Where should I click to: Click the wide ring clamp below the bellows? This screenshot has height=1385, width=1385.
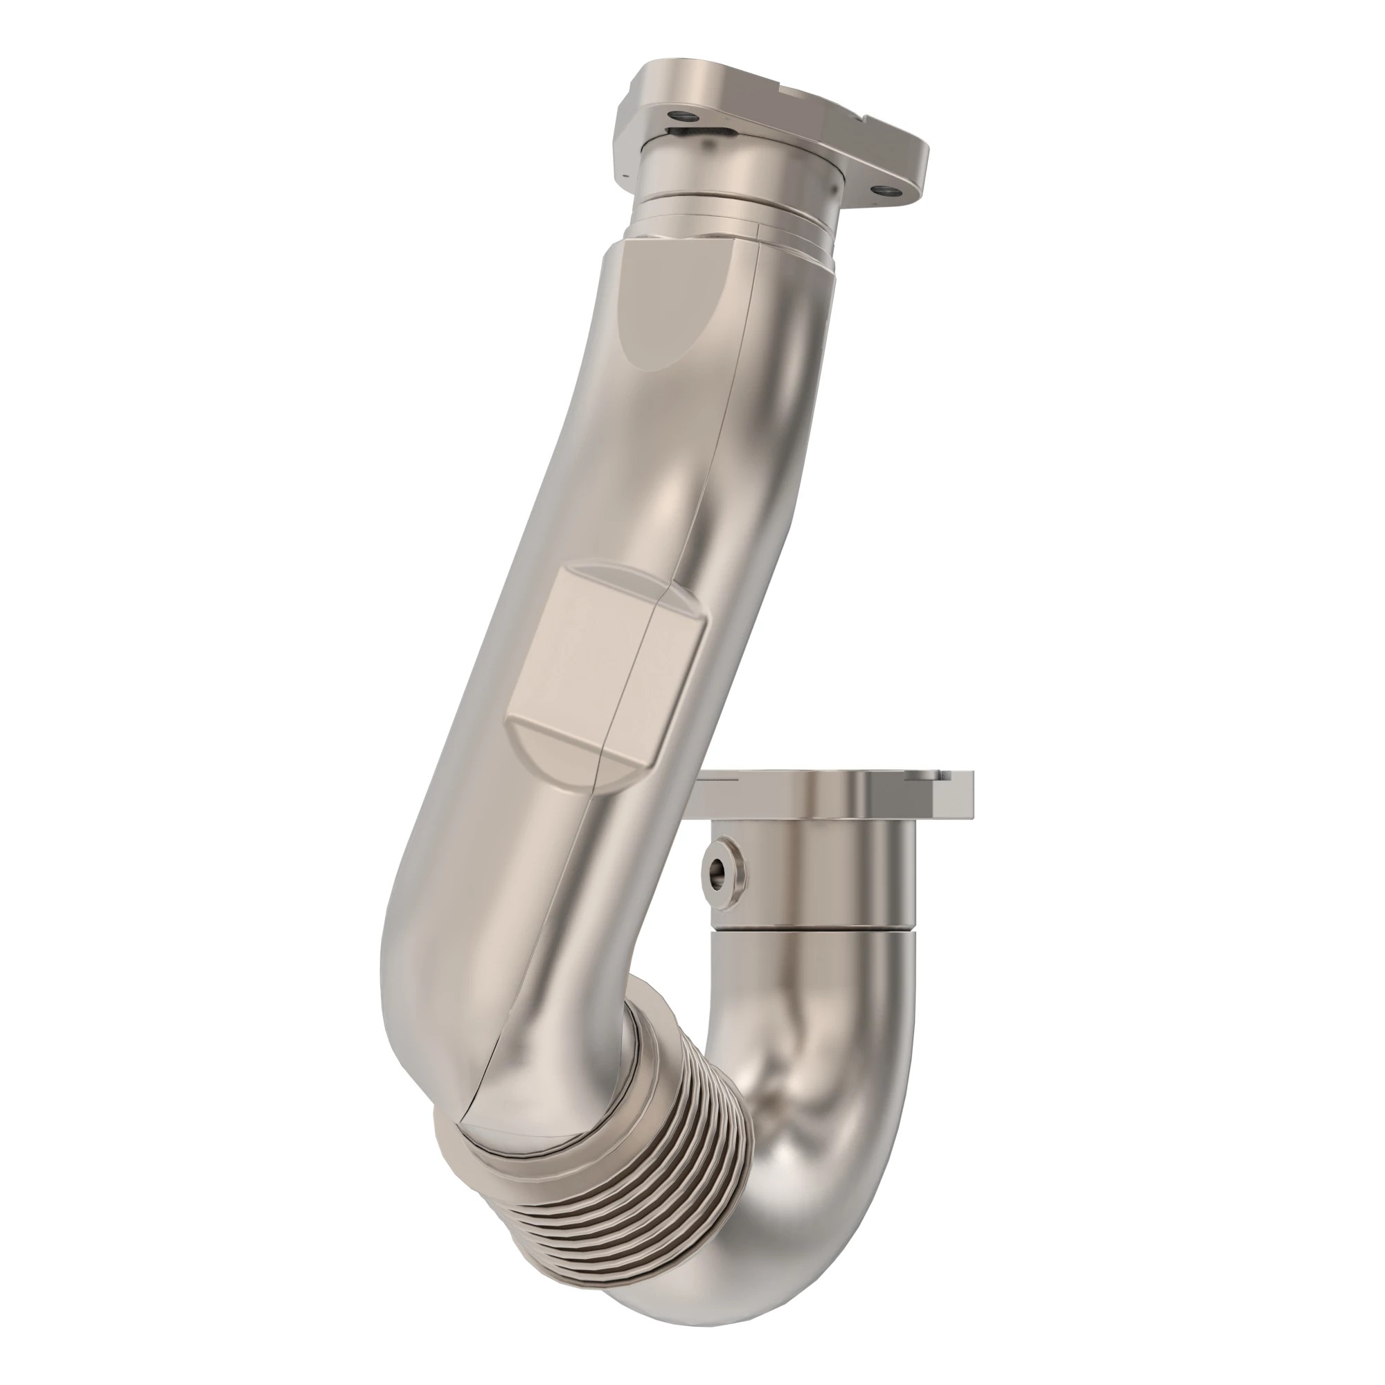coord(488,1140)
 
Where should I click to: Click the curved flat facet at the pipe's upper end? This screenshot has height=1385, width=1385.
coord(674,301)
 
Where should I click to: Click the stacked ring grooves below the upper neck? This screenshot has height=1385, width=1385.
coord(731,222)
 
